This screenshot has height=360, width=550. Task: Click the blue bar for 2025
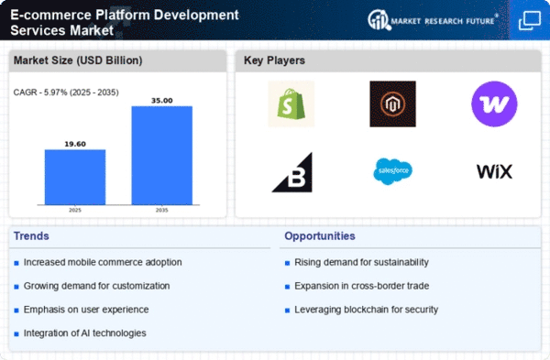75,177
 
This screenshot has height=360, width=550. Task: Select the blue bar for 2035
161,156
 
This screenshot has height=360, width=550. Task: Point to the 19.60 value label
75,144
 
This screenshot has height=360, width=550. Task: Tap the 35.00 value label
161,100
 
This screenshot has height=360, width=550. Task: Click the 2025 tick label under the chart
75,210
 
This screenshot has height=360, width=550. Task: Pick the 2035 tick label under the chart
161,210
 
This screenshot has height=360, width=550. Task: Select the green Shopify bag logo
291,104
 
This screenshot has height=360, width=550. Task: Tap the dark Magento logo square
392,104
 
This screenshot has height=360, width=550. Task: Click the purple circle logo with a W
494,104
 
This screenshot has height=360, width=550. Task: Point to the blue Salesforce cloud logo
392,171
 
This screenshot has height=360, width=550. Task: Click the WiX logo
494,171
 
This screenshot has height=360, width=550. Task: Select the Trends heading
31,236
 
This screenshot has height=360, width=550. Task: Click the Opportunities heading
320,236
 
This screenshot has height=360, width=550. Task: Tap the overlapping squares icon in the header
530,21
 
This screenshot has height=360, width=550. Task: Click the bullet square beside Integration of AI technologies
16,334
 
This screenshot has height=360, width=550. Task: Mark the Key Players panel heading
274,60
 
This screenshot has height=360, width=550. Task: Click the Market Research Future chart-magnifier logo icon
379,20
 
